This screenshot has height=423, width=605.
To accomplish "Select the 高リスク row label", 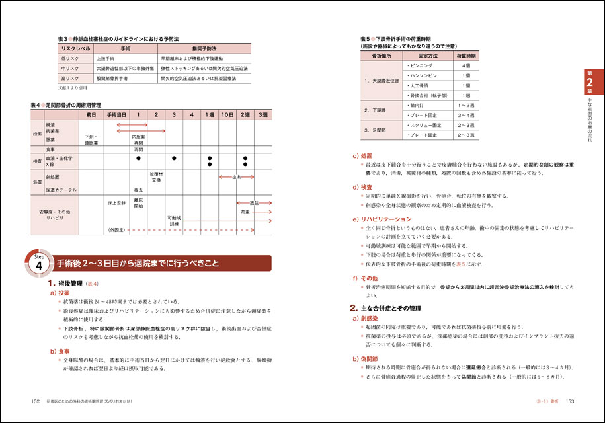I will [x=70, y=78].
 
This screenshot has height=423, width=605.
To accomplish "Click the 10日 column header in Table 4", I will [x=227, y=115].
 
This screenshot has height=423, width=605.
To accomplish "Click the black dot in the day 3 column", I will [x=173, y=159].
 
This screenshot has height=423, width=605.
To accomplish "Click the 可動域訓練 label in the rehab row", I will [x=173, y=220].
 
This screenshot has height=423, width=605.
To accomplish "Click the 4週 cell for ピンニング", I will [x=466, y=67].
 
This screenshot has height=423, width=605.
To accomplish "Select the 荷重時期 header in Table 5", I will [x=466, y=56].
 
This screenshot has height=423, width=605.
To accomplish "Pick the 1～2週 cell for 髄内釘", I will [x=466, y=105].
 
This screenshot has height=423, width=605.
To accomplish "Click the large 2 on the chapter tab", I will [x=589, y=82].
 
